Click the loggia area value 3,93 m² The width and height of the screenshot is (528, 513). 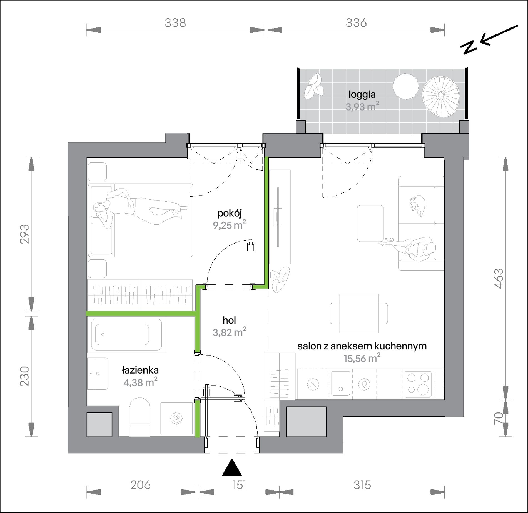pyautogui.click(x=362, y=106)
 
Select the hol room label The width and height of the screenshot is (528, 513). pyautogui.click(x=229, y=320)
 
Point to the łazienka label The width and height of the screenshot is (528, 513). pyautogui.click(x=140, y=370)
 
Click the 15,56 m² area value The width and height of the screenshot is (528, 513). pyautogui.click(x=362, y=358)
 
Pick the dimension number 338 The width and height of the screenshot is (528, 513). pyautogui.click(x=175, y=23)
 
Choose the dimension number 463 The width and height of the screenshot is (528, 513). pyautogui.click(x=499, y=279)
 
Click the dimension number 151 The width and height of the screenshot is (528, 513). pyautogui.click(x=239, y=485)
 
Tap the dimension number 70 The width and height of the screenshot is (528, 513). pyautogui.click(x=499, y=418)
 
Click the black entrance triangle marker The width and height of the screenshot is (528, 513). pyautogui.click(x=232, y=468)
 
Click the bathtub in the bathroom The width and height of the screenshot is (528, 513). pyautogui.click(x=127, y=334)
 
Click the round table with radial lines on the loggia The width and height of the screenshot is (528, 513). pyautogui.click(x=440, y=95)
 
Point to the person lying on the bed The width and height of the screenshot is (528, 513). pyautogui.click(x=140, y=207)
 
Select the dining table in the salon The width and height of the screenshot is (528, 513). pyautogui.click(x=359, y=313)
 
